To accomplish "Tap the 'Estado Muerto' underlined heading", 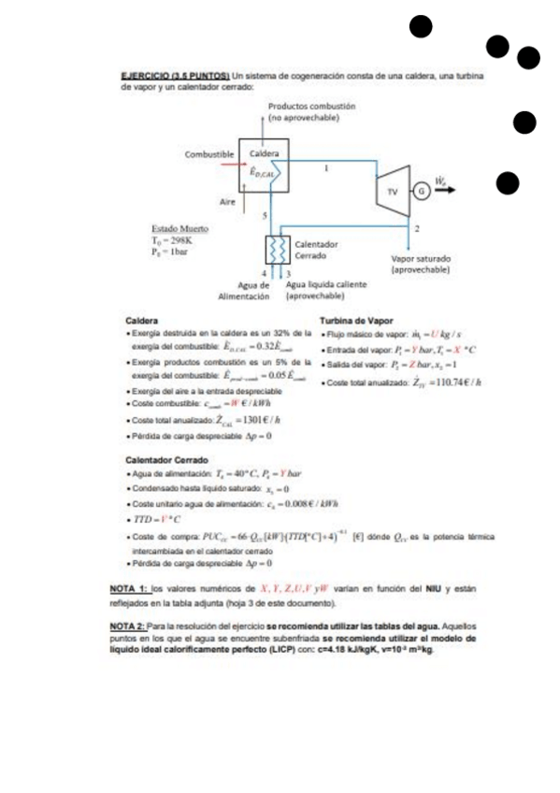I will [x=179, y=228].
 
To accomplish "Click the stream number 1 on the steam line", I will [x=326, y=169].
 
